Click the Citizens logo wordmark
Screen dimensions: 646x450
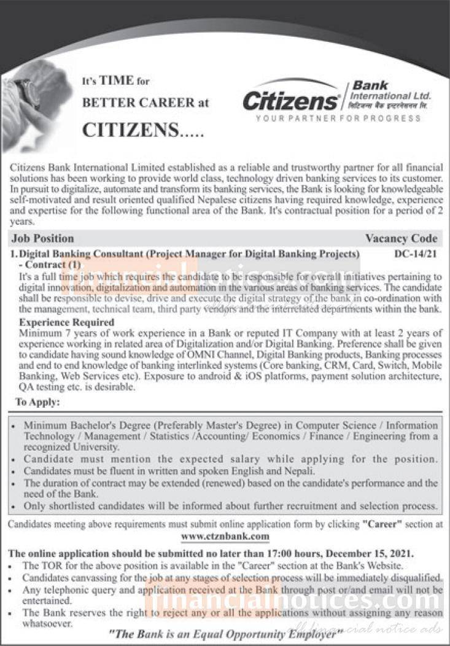point(290,99)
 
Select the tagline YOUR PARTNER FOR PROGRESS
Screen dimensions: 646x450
point(338,118)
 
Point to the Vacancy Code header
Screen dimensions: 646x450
point(401,238)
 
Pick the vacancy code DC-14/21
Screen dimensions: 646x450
point(414,253)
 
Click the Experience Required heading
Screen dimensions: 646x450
point(67,322)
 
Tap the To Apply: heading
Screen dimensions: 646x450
point(37,403)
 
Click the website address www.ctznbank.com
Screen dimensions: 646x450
point(225,536)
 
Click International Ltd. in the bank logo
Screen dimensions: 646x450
point(390,96)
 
